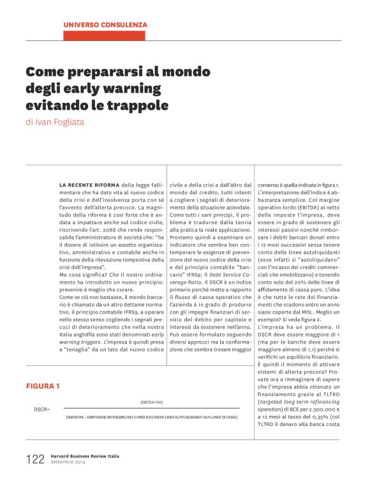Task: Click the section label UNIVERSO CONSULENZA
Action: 105,24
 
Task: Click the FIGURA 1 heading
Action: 43,386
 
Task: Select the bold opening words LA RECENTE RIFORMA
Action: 89,183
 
